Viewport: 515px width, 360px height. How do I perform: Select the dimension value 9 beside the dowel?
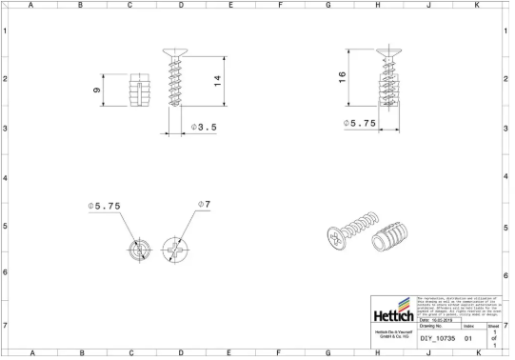(97, 91)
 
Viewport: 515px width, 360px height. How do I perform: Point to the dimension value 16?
(341, 77)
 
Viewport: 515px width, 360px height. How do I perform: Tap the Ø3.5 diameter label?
(205, 127)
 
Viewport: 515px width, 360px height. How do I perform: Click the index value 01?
(467, 338)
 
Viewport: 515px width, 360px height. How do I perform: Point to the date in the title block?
(437, 321)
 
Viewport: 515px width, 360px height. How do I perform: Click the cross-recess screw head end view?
(176, 251)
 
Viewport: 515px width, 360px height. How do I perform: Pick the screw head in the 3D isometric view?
(336, 237)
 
